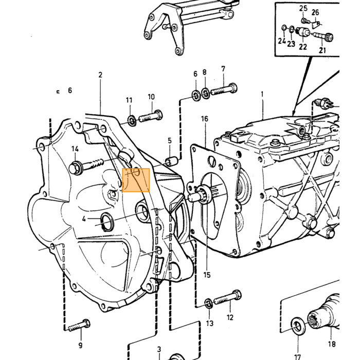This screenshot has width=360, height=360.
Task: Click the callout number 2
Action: (100, 75)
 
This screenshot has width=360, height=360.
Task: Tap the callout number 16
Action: (205, 119)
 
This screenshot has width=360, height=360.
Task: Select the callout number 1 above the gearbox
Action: (262, 94)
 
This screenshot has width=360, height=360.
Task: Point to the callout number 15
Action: (207, 275)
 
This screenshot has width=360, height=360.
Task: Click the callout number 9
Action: (80, 345)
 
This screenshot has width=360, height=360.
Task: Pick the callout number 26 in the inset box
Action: (315, 12)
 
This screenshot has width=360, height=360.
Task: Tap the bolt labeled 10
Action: (151, 116)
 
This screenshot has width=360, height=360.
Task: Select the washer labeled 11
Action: (132, 121)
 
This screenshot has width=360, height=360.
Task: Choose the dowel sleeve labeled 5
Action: (172, 160)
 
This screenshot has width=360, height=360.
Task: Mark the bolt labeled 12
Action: (228, 297)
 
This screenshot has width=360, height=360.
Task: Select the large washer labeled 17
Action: (298, 326)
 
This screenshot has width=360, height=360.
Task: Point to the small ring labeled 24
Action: (284, 28)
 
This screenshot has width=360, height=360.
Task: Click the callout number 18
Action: (332, 344)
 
